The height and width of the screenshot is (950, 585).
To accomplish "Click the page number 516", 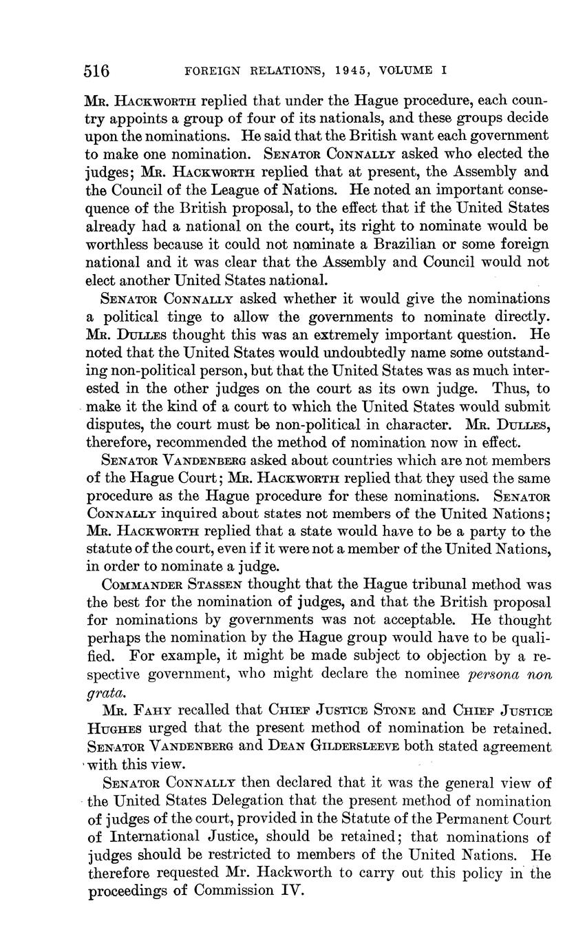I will (x=97, y=71).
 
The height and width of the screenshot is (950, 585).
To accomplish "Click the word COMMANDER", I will (x=144, y=585).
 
